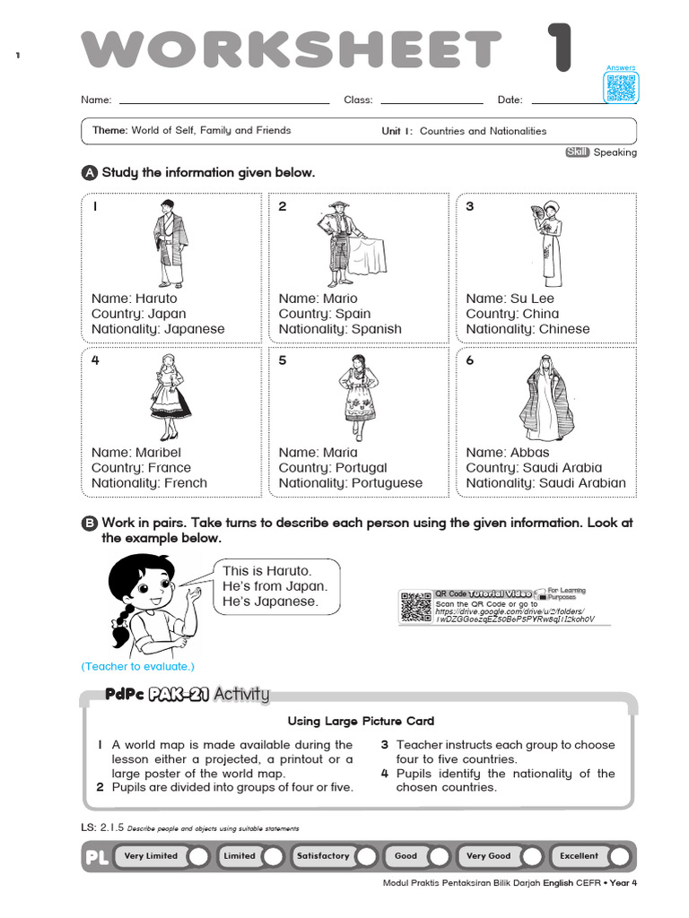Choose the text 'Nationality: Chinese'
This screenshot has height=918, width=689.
click(x=528, y=329)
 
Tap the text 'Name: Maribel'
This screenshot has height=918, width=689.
click(x=136, y=453)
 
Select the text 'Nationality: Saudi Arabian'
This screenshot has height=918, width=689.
click(x=546, y=483)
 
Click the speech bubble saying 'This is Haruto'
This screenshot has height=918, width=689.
click(x=276, y=586)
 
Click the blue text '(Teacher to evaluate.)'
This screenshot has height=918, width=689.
click(x=137, y=667)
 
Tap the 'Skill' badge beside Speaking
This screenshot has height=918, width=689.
click(x=577, y=152)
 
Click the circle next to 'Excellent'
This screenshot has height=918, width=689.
click(x=619, y=857)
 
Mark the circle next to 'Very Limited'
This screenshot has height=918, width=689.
click(x=199, y=857)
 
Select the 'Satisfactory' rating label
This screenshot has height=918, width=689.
click(x=323, y=856)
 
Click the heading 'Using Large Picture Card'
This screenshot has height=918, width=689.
click(x=361, y=721)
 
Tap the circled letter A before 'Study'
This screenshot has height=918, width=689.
click(x=89, y=173)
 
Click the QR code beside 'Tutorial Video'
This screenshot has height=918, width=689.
click(x=415, y=606)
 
